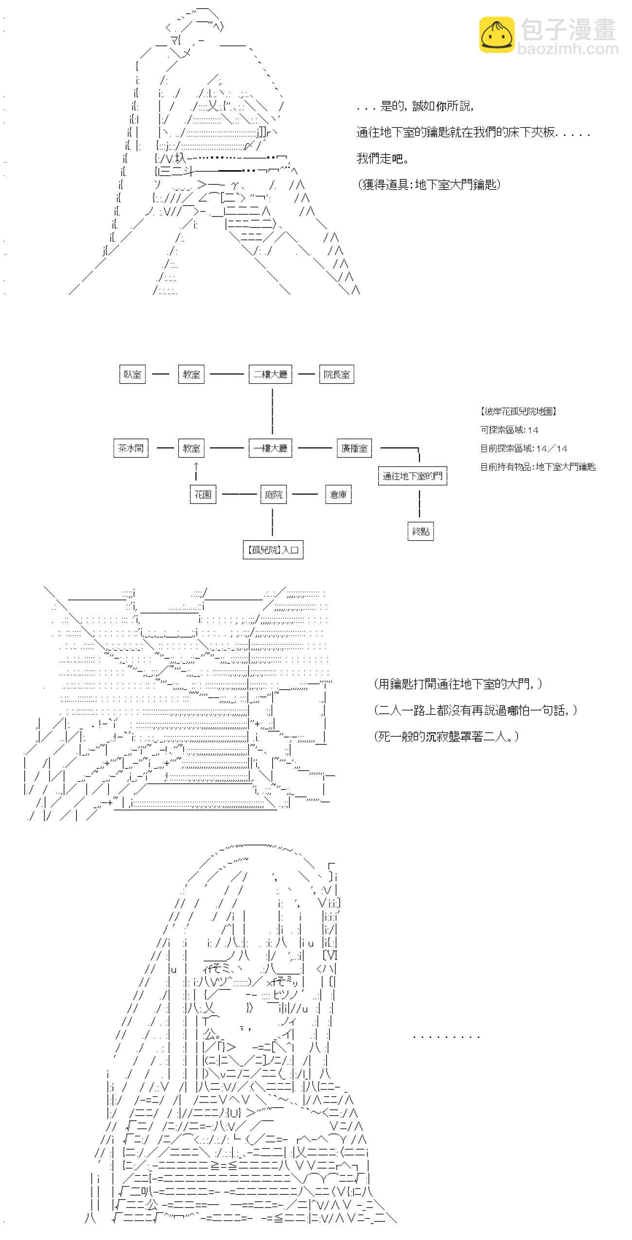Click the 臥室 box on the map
[132, 374]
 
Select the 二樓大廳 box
[270, 374]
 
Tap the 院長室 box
[336, 374]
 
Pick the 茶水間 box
[131, 448]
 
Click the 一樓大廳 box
[270, 448]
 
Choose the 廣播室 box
[354, 448]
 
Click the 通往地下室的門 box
[412, 476]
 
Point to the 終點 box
[421, 531]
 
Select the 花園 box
[203, 495]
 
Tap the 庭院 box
[273, 495]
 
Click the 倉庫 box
[338, 495]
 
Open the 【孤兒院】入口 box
[273, 550]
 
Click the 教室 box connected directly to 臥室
[191, 374]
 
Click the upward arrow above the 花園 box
[196, 471]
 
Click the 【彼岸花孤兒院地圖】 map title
[518, 411]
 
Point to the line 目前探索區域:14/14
[524, 448]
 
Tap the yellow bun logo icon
[497, 35]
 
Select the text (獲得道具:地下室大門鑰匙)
[429, 184]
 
